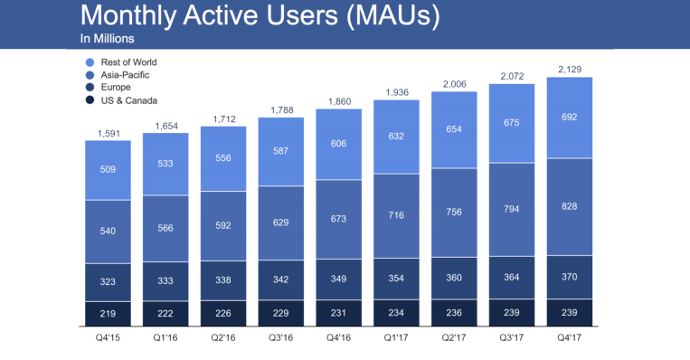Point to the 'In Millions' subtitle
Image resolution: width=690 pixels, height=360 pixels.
coord(108,39)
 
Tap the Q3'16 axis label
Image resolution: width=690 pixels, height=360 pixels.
coord(281,340)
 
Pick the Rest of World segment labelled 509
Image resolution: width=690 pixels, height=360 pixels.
coord(108,170)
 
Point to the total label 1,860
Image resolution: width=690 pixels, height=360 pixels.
coord(339,102)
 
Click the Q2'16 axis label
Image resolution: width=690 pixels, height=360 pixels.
coord(223,340)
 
